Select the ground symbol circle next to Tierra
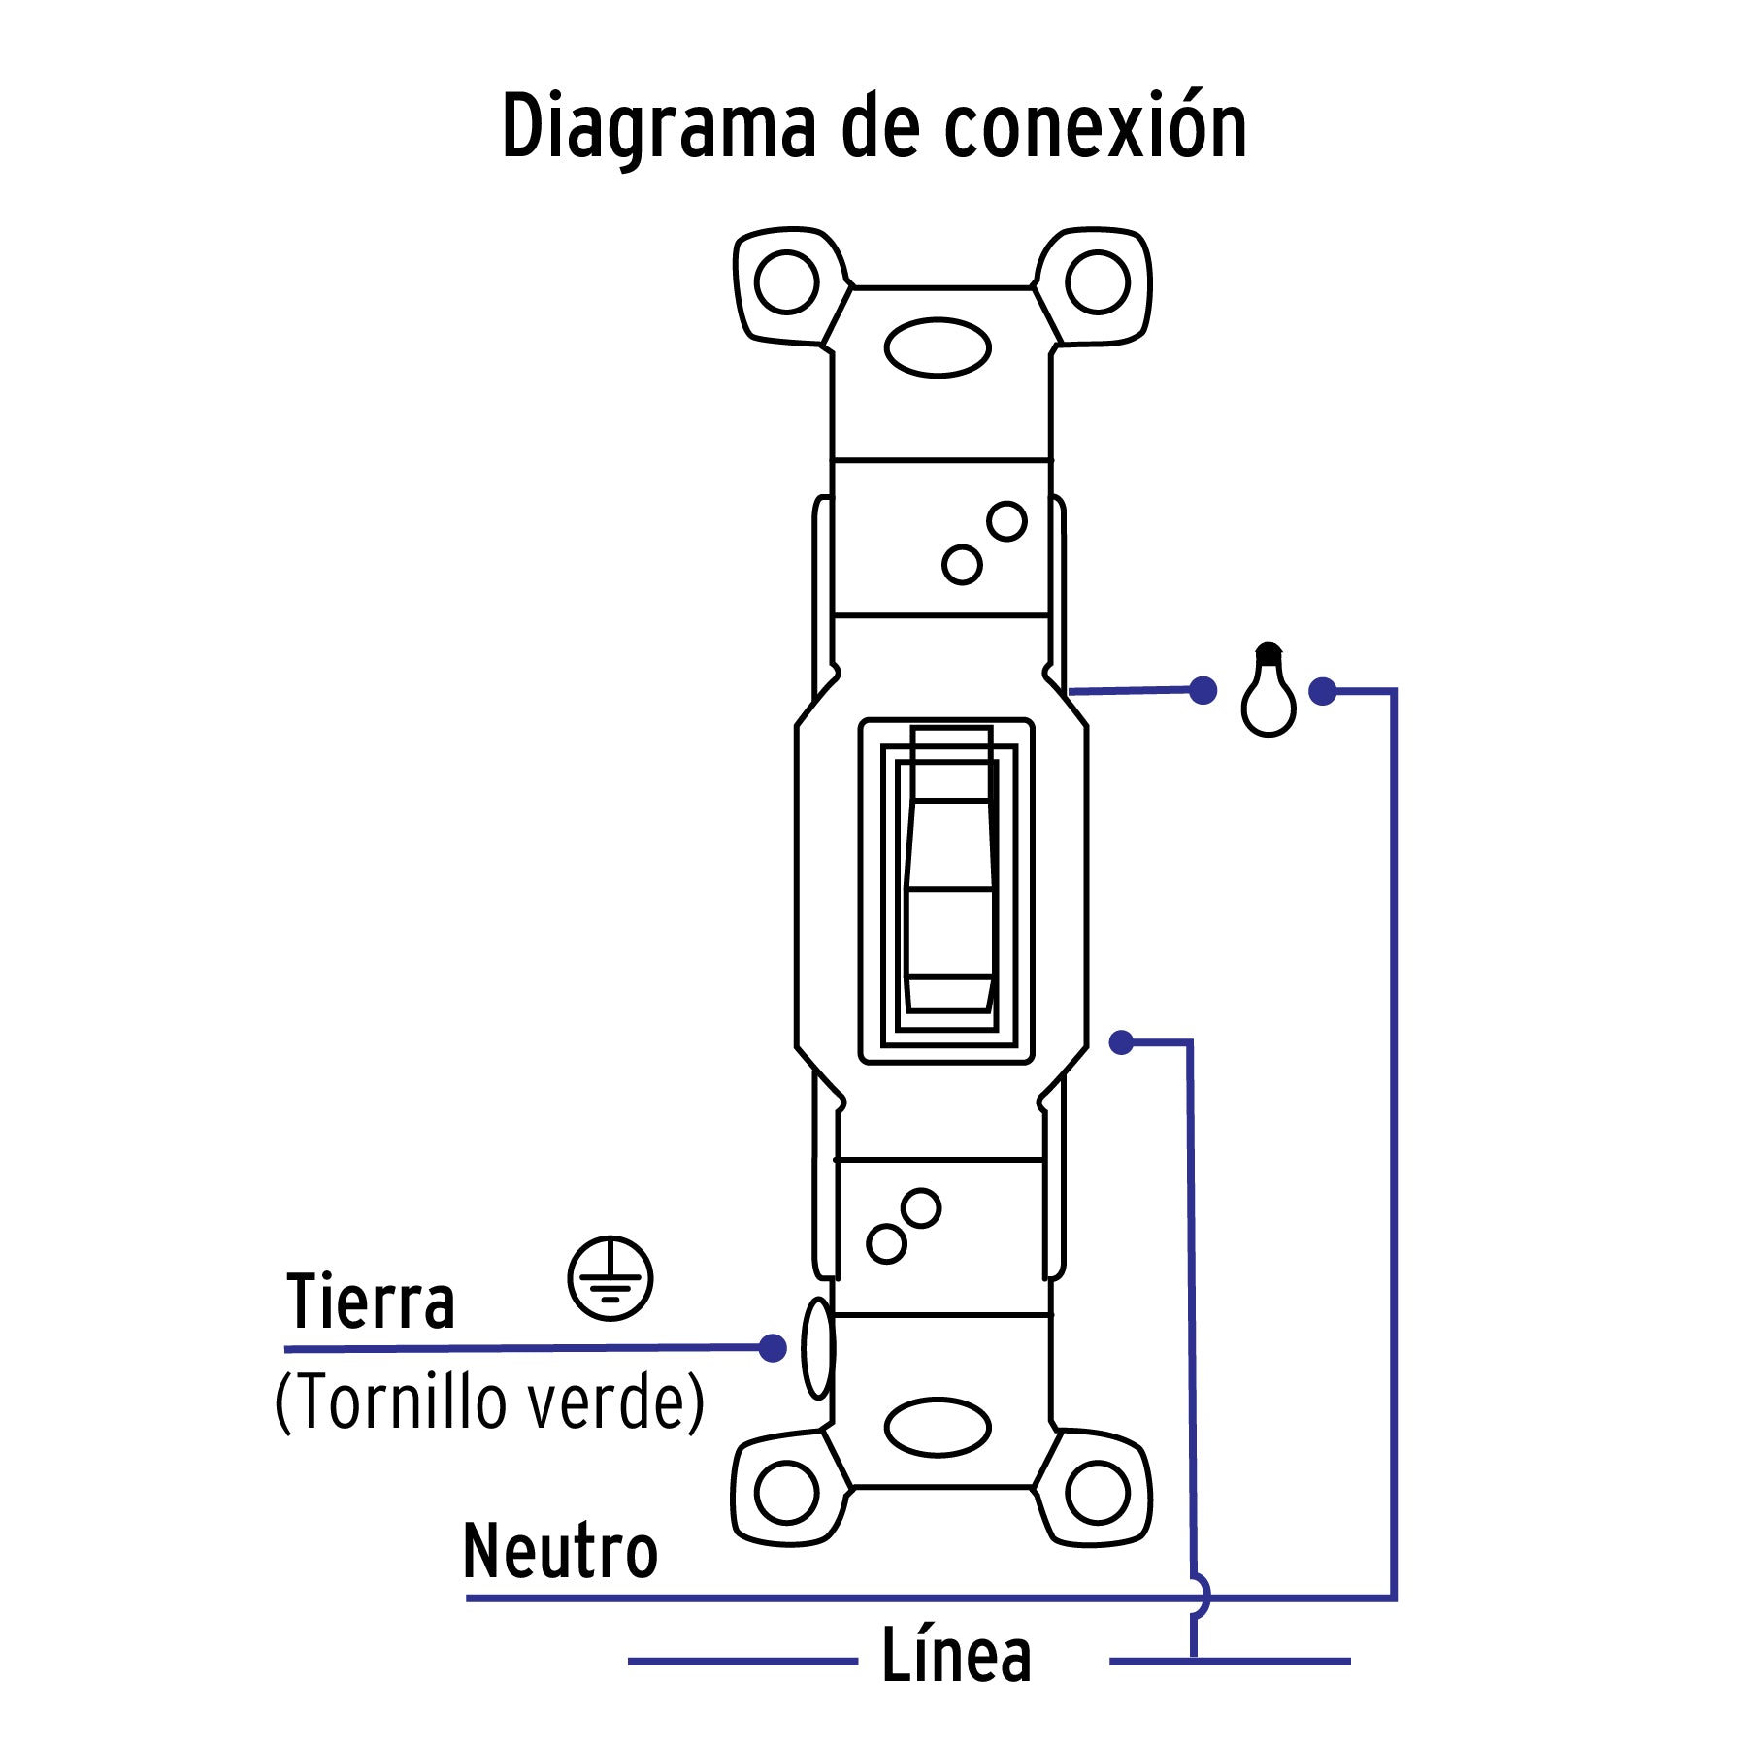coord(610,1278)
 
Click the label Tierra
coord(371,1302)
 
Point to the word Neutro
coord(560,1551)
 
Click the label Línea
coord(956,1656)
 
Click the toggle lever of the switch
coord(949,888)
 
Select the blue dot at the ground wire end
coord(773,1347)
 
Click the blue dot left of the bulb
coord(1203,690)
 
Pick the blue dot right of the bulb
coord(1322,691)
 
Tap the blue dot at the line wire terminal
coord(1122,1042)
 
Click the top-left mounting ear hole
coord(786,282)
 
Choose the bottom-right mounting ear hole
coord(1098,1493)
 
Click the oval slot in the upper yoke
coord(938,347)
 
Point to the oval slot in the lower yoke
coord(938,1427)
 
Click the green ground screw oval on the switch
coord(818,1348)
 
